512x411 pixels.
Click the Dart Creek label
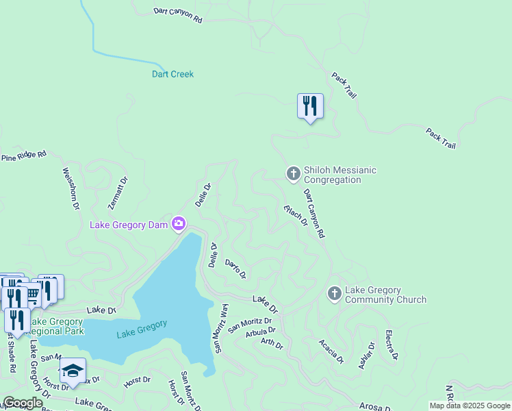(x=172, y=74)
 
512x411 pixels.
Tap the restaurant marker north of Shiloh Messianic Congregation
(x=310, y=106)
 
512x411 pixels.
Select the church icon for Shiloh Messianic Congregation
(x=293, y=173)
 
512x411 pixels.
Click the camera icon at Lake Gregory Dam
(x=179, y=224)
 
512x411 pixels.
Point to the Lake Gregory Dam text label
(x=129, y=225)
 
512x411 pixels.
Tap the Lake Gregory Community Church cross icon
(x=334, y=294)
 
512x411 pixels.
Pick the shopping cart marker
(x=33, y=295)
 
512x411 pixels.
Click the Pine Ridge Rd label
(x=23, y=157)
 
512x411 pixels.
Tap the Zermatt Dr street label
(x=118, y=193)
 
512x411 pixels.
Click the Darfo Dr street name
(x=235, y=269)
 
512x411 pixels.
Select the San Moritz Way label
(x=220, y=328)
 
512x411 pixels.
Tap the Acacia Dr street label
(x=331, y=351)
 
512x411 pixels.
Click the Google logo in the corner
(x=22, y=403)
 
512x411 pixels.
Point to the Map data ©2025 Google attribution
(x=470, y=406)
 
